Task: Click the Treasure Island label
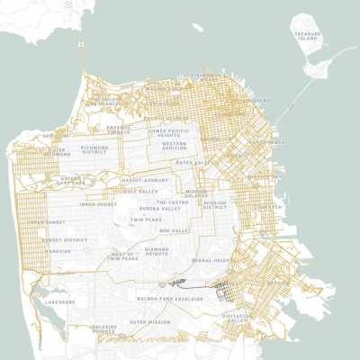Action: [x=307, y=36]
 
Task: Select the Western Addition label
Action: [x=174, y=146]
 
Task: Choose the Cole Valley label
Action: [x=141, y=190]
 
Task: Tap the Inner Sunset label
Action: [x=97, y=203]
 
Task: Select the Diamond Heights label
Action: [x=157, y=250]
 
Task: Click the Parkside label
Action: [x=58, y=251]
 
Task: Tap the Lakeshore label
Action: [x=59, y=301]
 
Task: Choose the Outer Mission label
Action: [x=149, y=321]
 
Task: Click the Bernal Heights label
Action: [x=212, y=260]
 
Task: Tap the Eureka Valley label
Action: [x=169, y=209]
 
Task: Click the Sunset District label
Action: [x=63, y=240]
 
